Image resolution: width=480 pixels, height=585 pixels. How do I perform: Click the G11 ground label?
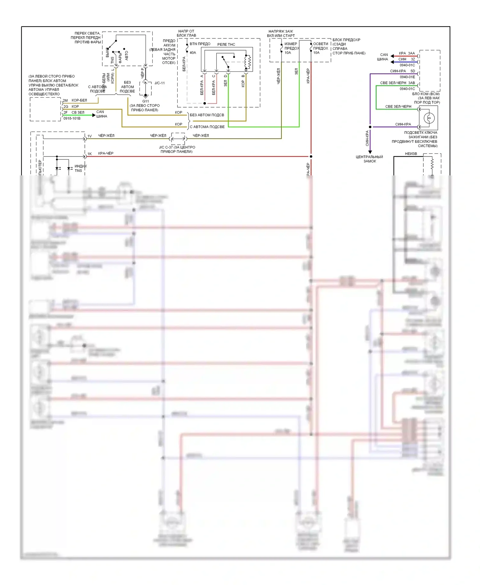[x=146, y=101]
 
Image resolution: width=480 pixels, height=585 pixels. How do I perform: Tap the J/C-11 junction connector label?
[x=159, y=83]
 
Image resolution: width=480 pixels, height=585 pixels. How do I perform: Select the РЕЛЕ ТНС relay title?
[x=226, y=44]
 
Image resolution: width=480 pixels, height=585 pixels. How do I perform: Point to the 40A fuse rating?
[x=193, y=53]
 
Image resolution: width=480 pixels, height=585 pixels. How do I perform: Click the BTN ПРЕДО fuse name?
[x=200, y=44]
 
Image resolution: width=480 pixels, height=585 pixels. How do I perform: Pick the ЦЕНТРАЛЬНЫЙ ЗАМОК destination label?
[x=370, y=159]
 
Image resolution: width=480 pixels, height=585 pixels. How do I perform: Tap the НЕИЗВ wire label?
[x=411, y=154]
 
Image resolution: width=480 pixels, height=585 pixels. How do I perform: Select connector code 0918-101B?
[x=72, y=118]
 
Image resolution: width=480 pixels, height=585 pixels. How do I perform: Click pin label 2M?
[x=65, y=100]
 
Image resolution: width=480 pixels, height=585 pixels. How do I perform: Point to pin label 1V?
[x=90, y=136]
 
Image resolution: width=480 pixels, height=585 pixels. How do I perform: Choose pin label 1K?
[x=90, y=154]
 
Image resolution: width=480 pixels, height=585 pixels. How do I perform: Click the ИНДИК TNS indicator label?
[x=80, y=168]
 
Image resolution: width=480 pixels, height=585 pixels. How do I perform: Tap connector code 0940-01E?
[x=407, y=77]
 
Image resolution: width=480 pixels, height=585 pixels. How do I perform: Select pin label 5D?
[x=412, y=71]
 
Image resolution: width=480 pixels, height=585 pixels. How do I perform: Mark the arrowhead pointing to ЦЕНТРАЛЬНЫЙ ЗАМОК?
[x=370, y=152]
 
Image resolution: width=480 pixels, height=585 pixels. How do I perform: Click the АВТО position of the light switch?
[x=127, y=55]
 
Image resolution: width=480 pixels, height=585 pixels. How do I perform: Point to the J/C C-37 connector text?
[x=177, y=149]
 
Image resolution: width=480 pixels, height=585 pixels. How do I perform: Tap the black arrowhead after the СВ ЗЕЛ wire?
[x=94, y=115]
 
